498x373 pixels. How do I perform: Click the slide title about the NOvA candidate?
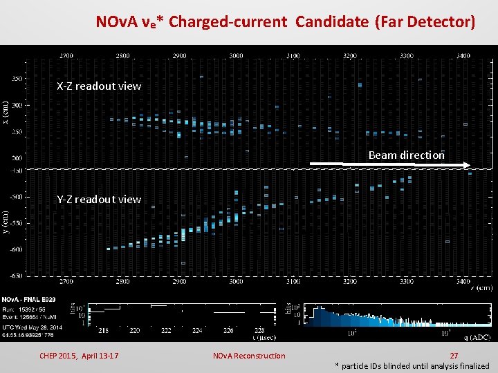click(x=285, y=21)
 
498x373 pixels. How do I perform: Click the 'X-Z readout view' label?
click(x=99, y=86)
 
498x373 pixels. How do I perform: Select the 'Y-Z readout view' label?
click(x=99, y=200)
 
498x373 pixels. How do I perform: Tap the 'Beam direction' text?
click(x=406, y=155)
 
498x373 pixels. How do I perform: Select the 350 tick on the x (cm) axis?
click(x=16, y=79)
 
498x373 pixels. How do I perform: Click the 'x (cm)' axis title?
click(x=6, y=113)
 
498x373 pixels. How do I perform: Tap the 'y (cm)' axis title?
click(x=6, y=222)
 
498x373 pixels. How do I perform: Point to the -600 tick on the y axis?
click(x=15, y=249)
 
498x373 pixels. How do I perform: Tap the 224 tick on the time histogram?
click(x=196, y=331)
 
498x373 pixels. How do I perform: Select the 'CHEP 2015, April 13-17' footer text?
click(x=79, y=356)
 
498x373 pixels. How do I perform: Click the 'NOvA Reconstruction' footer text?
click(x=248, y=356)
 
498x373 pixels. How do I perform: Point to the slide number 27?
click(x=454, y=356)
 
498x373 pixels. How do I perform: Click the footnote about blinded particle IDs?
click(x=412, y=366)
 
